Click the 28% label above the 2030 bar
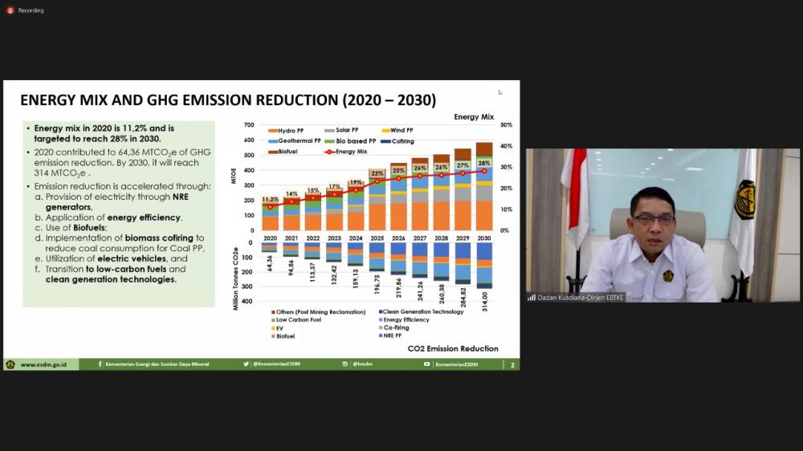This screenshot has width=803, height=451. point(483,163)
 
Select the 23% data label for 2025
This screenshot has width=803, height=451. point(377,173)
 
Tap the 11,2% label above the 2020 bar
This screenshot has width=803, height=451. point(271,199)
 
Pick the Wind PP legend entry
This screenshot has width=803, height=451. point(401,130)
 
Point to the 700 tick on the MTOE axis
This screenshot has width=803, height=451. point(248,125)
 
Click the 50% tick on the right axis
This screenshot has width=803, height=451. point(506,125)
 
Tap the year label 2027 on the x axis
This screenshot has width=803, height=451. point(420,238)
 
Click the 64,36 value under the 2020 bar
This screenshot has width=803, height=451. point(270,262)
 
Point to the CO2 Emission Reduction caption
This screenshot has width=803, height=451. point(452,348)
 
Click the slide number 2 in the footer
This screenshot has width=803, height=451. point(512,365)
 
